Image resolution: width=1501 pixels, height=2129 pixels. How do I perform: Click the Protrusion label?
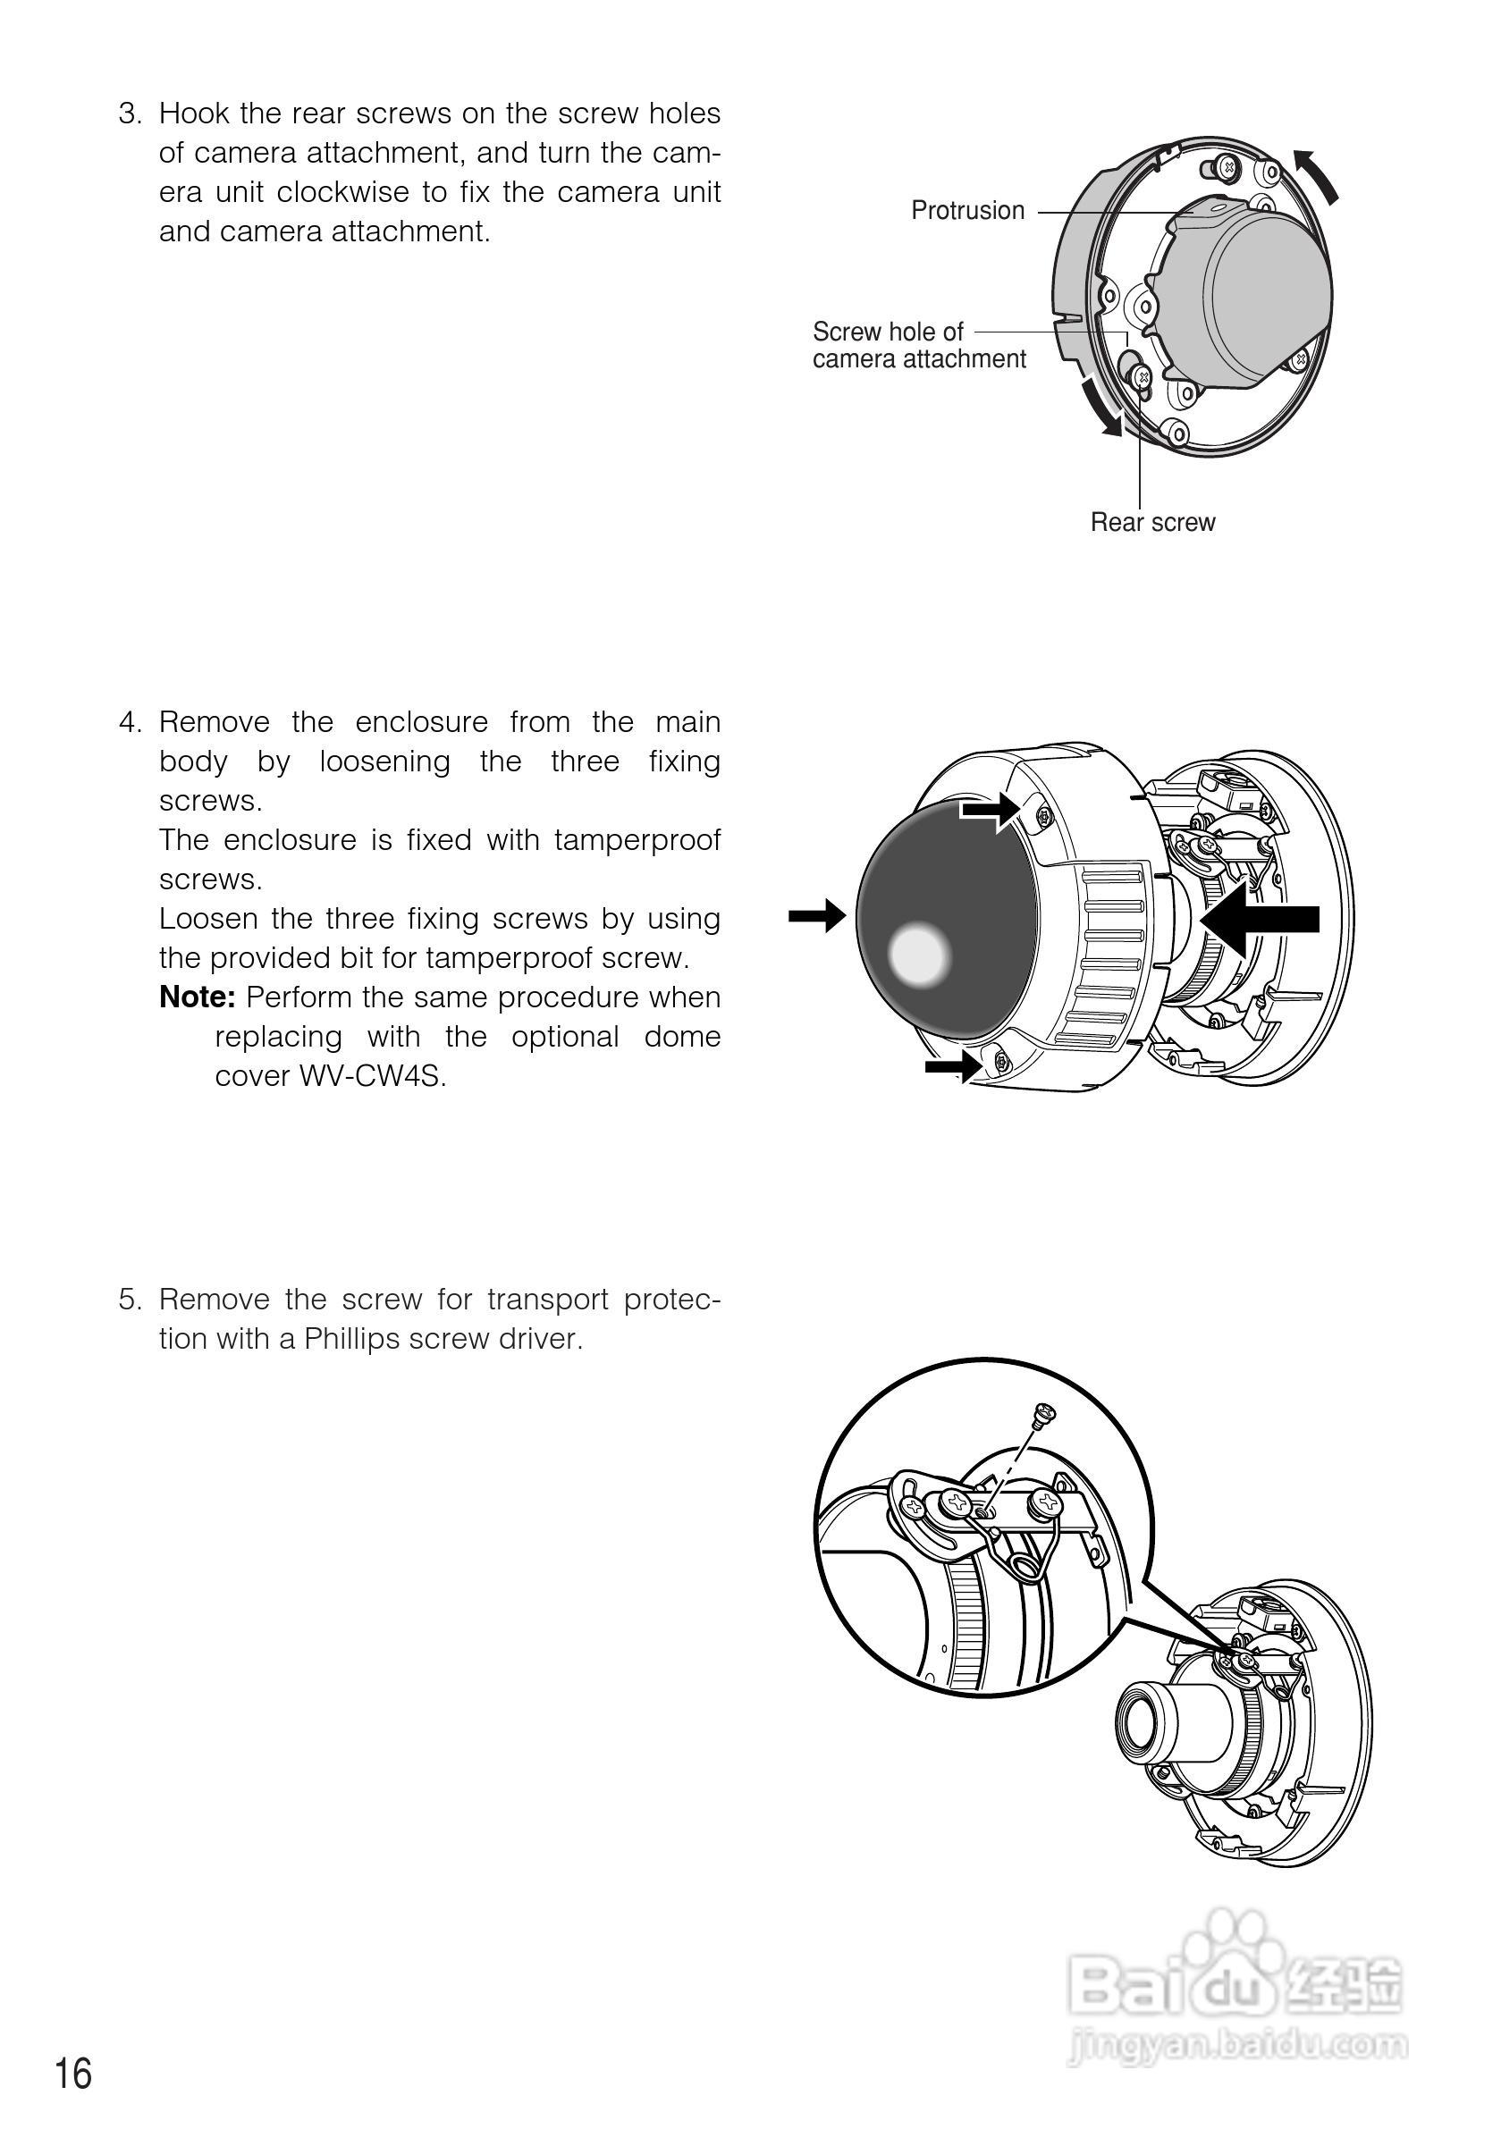[x=967, y=211]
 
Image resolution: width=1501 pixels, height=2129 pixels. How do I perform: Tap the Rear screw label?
[x=1152, y=522]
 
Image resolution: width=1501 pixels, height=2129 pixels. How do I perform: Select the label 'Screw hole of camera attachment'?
[x=918, y=345]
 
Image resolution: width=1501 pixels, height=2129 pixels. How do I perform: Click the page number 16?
[x=74, y=2074]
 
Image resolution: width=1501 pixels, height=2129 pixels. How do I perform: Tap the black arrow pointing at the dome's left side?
[x=816, y=916]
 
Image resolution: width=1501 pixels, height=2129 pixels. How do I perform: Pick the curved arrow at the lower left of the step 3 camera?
[x=1101, y=407]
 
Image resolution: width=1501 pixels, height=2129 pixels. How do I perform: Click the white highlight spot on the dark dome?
[x=919, y=955]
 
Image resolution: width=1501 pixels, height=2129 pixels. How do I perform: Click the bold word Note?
[x=198, y=997]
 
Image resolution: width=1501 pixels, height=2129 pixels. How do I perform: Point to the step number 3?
[x=129, y=114]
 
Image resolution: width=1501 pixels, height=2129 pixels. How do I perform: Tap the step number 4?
[x=129, y=722]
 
